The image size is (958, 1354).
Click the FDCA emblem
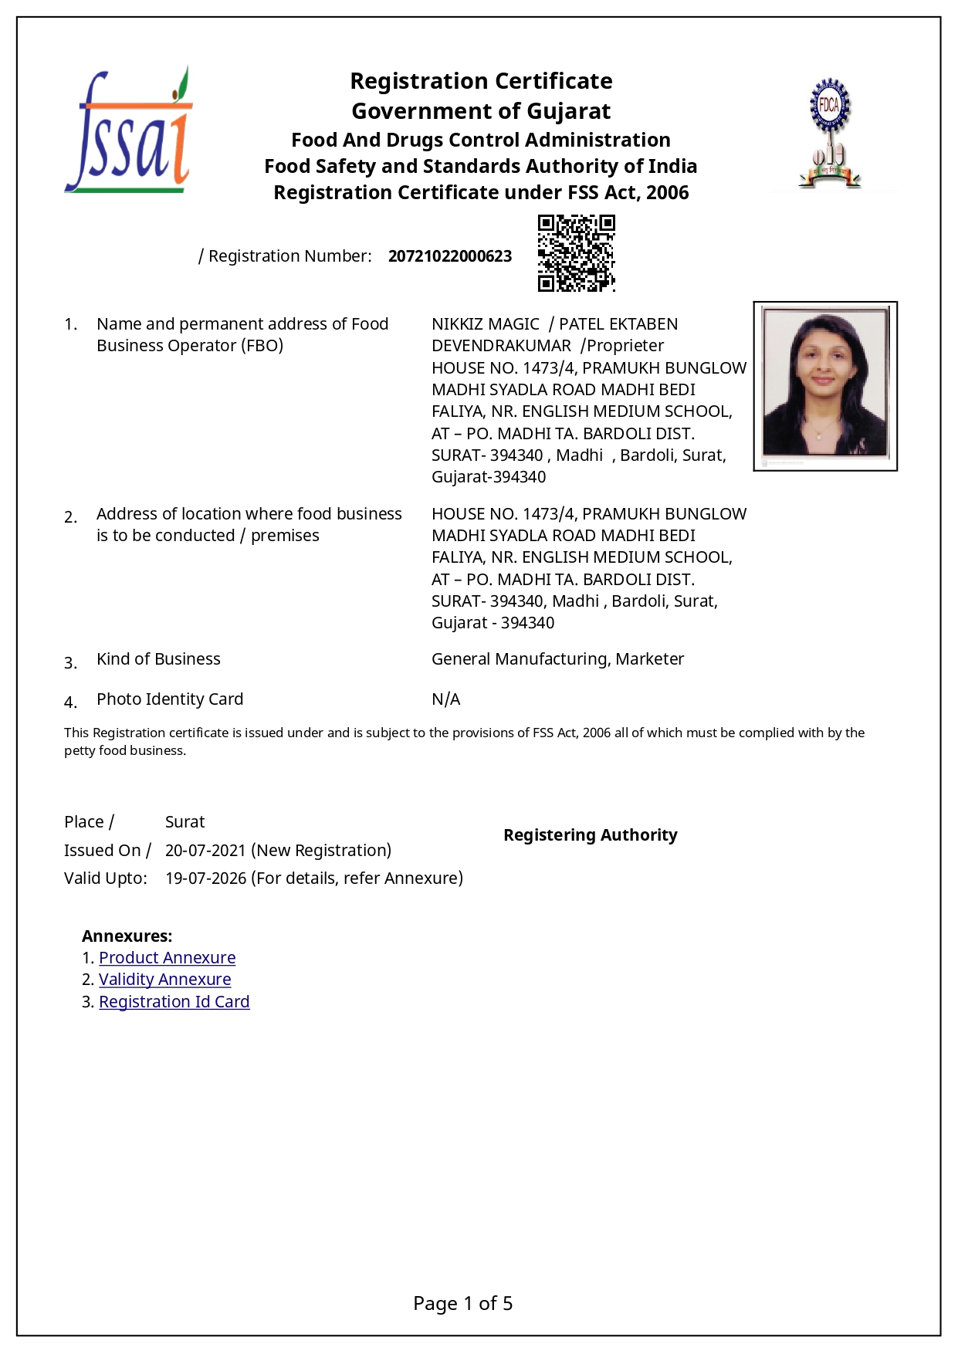tap(829, 133)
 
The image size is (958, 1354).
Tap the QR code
tap(576, 253)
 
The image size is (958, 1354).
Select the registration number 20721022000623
tap(449, 256)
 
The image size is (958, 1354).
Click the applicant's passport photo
tap(824, 385)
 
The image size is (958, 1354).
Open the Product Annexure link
tap(167, 958)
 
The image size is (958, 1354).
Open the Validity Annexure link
tap(164, 980)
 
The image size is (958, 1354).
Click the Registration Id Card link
tap(174, 1002)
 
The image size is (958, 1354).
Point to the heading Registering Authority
tap(590, 835)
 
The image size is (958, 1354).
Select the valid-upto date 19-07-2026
tap(205, 878)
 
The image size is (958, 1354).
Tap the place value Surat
tap(184, 822)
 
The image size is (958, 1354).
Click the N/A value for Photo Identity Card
tap(445, 699)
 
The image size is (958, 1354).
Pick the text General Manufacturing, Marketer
tap(557, 659)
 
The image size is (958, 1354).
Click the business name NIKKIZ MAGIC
tap(485, 324)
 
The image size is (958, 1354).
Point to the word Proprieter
tap(625, 346)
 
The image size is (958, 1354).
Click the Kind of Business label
tap(158, 659)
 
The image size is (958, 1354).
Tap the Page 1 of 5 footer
tap(462, 1304)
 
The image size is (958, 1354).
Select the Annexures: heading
tap(127, 936)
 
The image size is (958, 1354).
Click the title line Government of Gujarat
tap(481, 111)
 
